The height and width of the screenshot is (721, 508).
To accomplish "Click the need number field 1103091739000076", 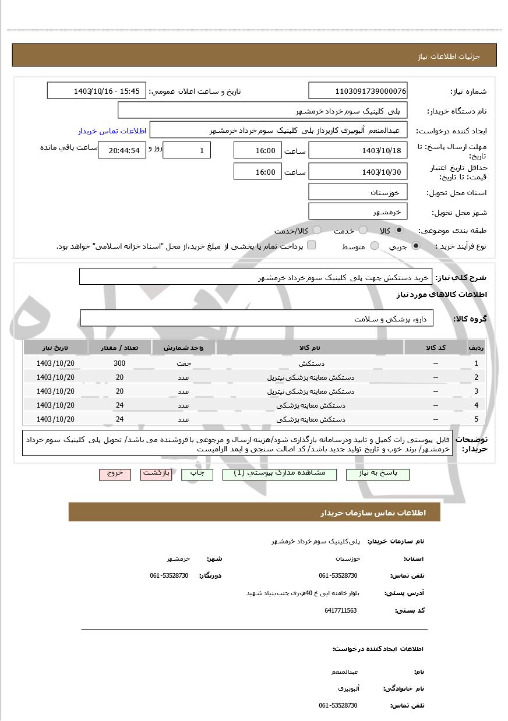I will click(x=358, y=91).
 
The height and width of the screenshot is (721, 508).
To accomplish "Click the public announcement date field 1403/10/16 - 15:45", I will click(x=96, y=91).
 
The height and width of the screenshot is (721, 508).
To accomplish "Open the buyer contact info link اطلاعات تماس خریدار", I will click(x=112, y=130).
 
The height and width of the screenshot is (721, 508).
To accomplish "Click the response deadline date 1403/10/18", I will click(x=358, y=150).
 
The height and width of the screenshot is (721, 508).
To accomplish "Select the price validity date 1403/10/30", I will click(x=358, y=172).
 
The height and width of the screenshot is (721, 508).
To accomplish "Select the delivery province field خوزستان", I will click(x=358, y=192).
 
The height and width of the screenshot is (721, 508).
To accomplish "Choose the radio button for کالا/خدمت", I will click(x=317, y=231).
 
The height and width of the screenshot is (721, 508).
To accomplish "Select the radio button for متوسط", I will click(x=375, y=246).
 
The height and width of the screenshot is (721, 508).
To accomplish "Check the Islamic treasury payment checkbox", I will click(x=312, y=245).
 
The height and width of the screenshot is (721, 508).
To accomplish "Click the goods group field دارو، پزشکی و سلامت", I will click(x=256, y=319).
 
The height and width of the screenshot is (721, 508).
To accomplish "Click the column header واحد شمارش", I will click(x=184, y=348).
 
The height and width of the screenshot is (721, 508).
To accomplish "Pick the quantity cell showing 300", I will click(x=119, y=363).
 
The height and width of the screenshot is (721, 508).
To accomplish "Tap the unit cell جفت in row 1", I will click(x=184, y=363).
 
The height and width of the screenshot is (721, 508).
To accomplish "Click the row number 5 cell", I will click(x=476, y=419).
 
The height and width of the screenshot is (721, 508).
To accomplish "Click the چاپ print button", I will click(x=197, y=474).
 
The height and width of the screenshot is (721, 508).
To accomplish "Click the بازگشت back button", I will click(x=156, y=473).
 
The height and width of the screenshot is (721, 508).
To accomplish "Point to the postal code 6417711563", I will click(x=340, y=610).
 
